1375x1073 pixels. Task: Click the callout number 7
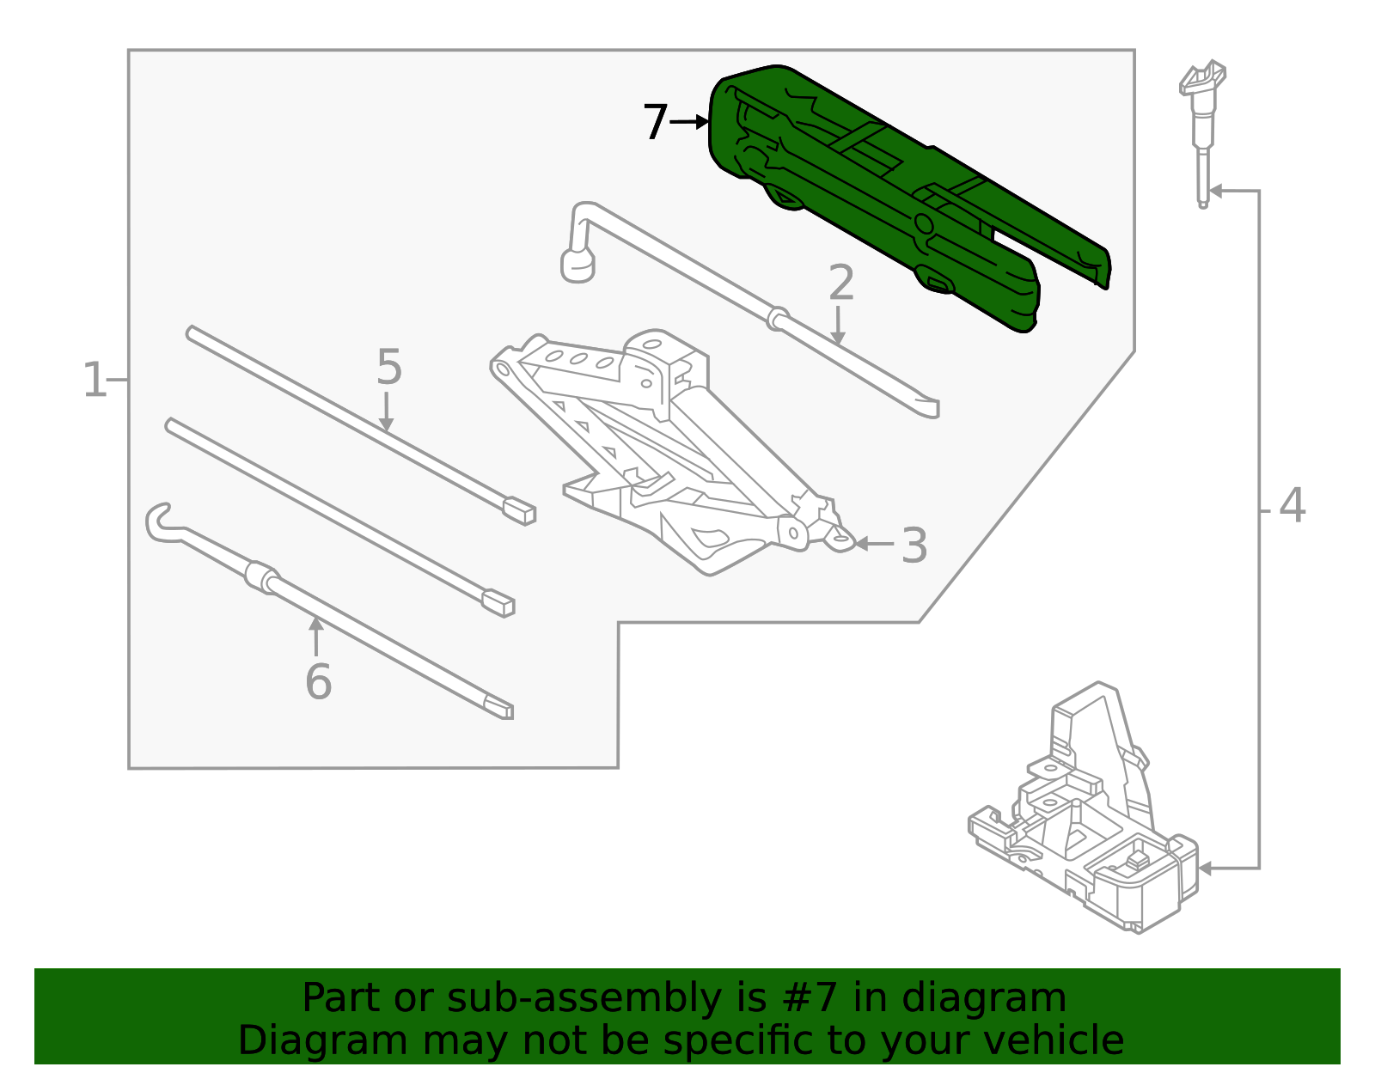pyautogui.click(x=655, y=122)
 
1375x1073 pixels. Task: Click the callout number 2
pyautogui.click(x=841, y=283)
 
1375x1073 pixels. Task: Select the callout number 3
pyautogui.click(x=914, y=546)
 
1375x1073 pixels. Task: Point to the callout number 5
pyautogui.click(x=388, y=368)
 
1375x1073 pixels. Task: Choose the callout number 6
pyautogui.click(x=318, y=682)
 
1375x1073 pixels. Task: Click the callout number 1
pyautogui.click(x=95, y=380)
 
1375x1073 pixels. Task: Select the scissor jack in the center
pyautogui.click(x=670, y=455)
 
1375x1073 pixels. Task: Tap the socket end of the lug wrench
pyautogui.click(x=577, y=265)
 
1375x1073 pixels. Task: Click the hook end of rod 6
pyautogui.click(x=160, y=522)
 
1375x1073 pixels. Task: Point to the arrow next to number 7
pyautogui.click(x=689, y=122)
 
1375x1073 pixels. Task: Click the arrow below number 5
pyautogui.click(x=386, y=413)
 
